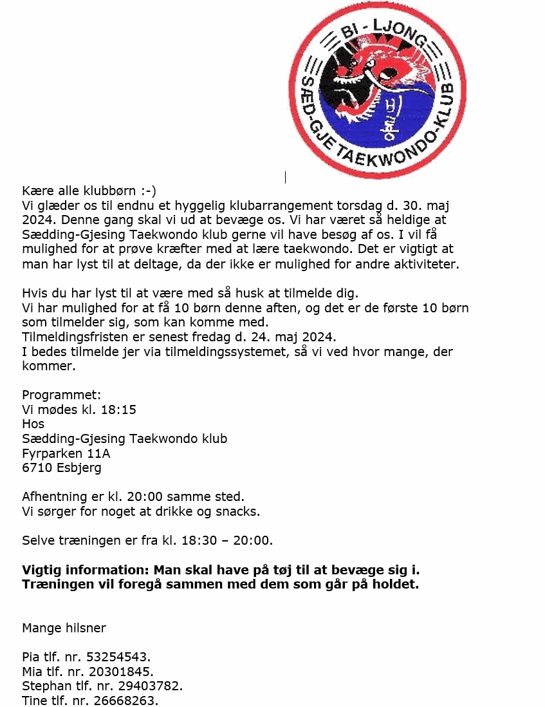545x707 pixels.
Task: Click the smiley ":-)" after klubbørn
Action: [147, 191]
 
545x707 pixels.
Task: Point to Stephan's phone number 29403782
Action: [151, 686]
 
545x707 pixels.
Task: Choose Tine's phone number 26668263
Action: [127, 701]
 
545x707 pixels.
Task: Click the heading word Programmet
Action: [61, 395]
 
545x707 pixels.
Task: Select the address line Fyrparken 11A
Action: [66, 453]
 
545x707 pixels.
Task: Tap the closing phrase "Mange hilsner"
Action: [64, 628]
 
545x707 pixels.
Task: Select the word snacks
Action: [241, 512]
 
